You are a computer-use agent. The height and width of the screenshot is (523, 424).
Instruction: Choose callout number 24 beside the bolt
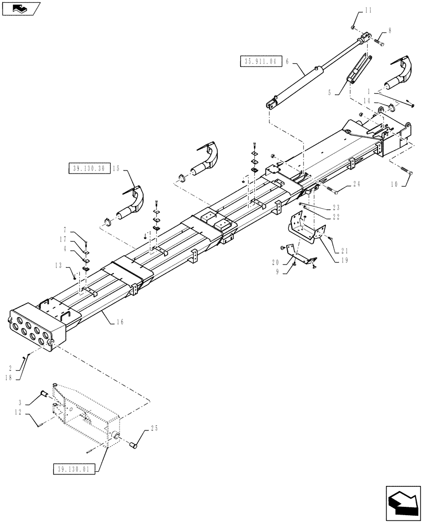pos(356,184)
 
